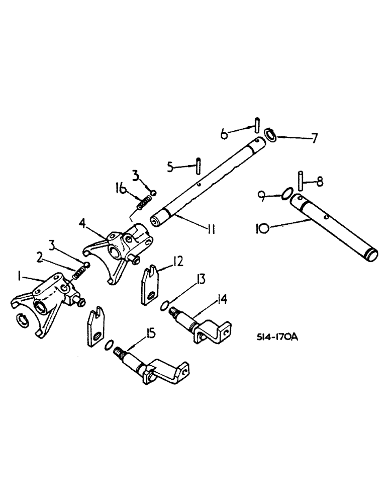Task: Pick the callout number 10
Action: (x=261, y=229)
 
